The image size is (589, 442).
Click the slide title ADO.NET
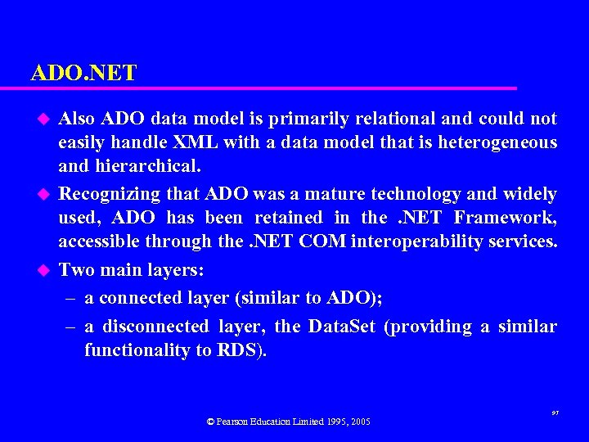coord(83,73)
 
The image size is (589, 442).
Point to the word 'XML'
coord(196,142)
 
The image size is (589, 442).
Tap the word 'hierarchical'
coord(146,167)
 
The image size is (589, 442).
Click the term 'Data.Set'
coord(341,327)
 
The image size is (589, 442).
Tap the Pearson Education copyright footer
coord(288,422)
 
